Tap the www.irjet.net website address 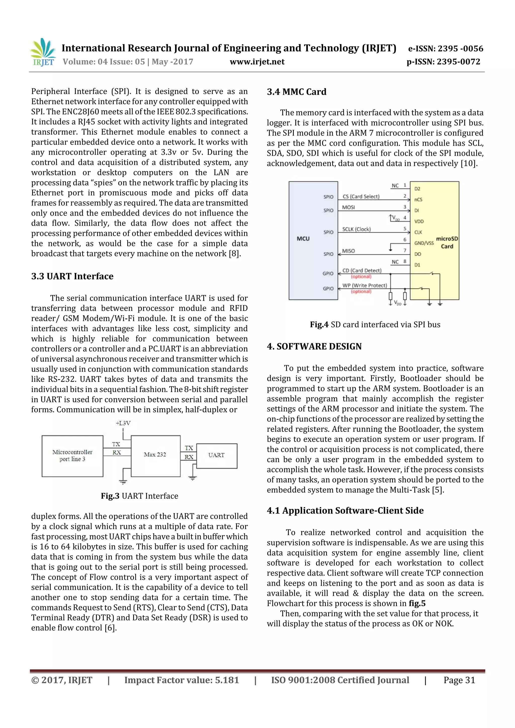257,62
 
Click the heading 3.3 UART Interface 72,276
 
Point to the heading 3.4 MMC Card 296,92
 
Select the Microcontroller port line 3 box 72,456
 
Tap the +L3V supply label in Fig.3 123,423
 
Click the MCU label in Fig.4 303,239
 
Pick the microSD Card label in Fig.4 447,242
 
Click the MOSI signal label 349,207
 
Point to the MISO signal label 349,251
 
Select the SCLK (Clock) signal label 356,229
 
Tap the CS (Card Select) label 361,197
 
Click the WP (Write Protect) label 365,285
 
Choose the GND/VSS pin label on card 424,243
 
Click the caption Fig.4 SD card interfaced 375,325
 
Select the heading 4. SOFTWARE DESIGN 314,347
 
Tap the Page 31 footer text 459,680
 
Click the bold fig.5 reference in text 417,603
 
